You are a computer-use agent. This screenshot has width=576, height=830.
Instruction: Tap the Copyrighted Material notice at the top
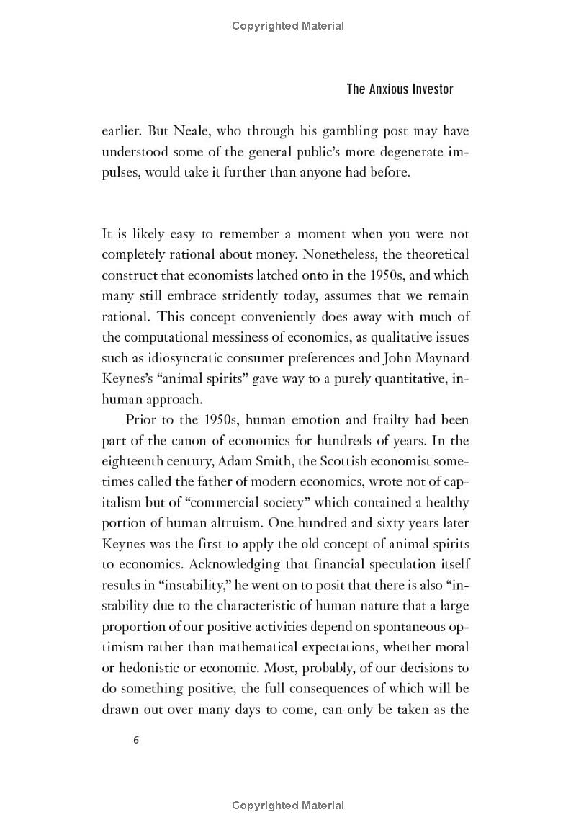click(288, 26)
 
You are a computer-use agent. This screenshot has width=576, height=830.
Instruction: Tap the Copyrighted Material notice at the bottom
click(288, 805)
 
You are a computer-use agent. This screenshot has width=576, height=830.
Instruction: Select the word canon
click(197, 440)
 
